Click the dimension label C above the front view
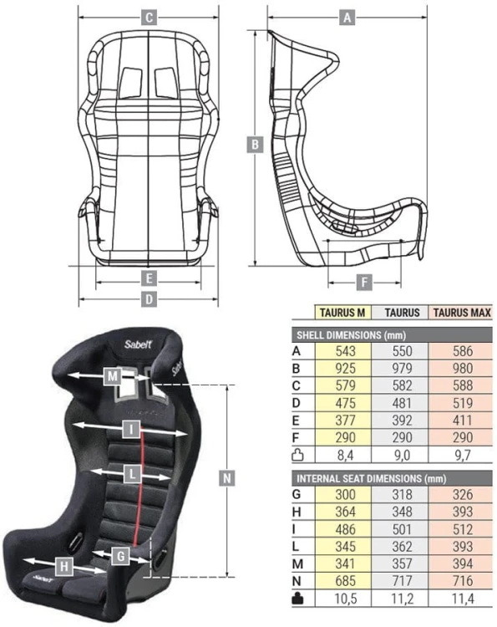click(x=149, y=18)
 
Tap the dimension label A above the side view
click(x=347, y=18)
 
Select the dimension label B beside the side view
click(x=255, y=145)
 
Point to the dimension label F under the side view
click(x=364, y=283)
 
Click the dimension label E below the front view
click(x=149, y=278)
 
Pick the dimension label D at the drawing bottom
click(x=149, y=299)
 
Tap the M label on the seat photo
click(x=112, y=376)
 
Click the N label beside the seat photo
click(x=227, y=478)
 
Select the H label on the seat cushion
click(x=64, y=567)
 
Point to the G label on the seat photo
click(x=120, y=556)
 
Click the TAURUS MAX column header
click(x=462, y=313)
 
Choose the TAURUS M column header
click(x=342, y=313)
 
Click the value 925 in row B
click(x=345, y=369)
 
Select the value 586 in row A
click(x=463, y=351)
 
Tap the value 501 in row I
click(x=402, y=529)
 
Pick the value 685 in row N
click(x=345, y=581)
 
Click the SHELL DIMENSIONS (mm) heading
click(x=351, y=334)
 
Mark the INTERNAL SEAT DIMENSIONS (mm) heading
click(x=371, y=479)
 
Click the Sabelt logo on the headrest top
click(x=138, y=344)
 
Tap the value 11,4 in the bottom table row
click(x=463, y=599)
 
